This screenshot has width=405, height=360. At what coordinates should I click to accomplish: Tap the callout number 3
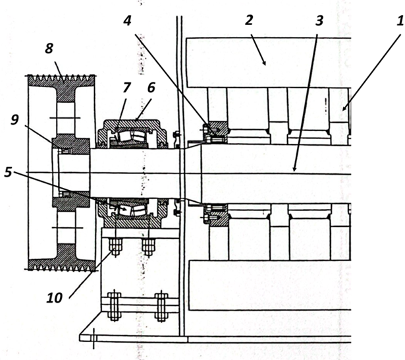(x=318, y=20)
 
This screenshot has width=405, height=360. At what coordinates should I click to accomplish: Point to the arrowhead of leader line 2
(x=265, y=65)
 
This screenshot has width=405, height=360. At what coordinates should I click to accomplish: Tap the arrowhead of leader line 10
(x=111, y=246)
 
